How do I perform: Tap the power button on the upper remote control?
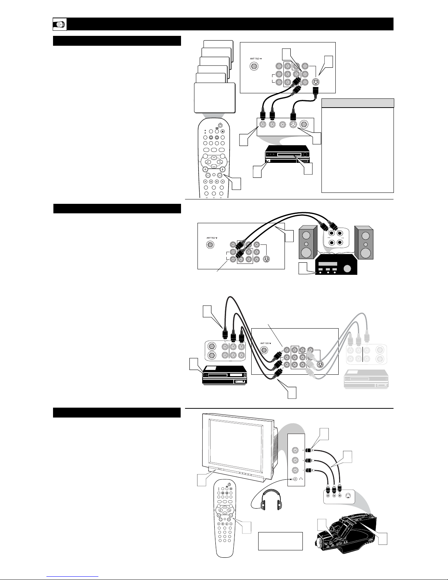pos(220,125)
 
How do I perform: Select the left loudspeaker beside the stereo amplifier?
pos(308,242)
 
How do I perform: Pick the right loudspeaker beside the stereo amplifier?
pos(364,242)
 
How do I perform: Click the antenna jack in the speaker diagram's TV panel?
pos(210,244)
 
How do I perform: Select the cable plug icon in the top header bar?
pos(60,25)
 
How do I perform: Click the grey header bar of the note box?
pos(358,103)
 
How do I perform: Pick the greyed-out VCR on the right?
pos(366,379)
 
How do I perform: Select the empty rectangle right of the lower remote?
pos(280,541)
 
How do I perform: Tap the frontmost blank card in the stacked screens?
pos(215,98)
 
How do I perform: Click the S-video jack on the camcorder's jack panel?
pos(347,496)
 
